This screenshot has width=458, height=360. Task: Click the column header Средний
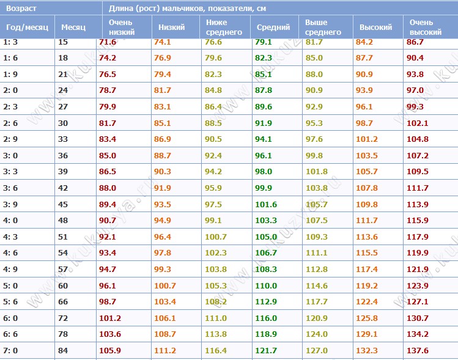pos(273,27)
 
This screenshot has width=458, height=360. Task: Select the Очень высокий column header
pos(426,27)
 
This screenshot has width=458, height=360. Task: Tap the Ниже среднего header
pos(224,27)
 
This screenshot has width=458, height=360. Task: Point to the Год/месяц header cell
pos(27,28)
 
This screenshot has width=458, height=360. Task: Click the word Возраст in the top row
pos(21,8)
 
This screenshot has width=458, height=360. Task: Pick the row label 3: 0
pos(10,155)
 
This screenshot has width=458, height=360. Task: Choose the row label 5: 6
pos(10,301)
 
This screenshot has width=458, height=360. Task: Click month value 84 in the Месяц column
pos(63,350)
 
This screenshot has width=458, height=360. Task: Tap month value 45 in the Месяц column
pos(63,204)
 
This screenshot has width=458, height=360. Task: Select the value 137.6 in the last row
pos(418,350)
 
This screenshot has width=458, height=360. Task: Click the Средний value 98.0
pos(263,171)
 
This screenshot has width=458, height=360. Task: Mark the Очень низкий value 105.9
pos(110,350)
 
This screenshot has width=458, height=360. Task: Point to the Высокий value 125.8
pos(366,318)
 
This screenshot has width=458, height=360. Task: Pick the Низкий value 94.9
pos(163,220)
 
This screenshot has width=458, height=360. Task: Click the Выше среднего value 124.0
pos(317,334)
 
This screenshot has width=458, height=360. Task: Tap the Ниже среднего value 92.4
pos(213,155)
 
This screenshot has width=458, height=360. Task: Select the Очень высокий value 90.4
pos(415,58)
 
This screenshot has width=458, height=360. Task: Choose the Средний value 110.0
pos(266,285)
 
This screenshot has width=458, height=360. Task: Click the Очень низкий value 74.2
pos(107,58)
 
